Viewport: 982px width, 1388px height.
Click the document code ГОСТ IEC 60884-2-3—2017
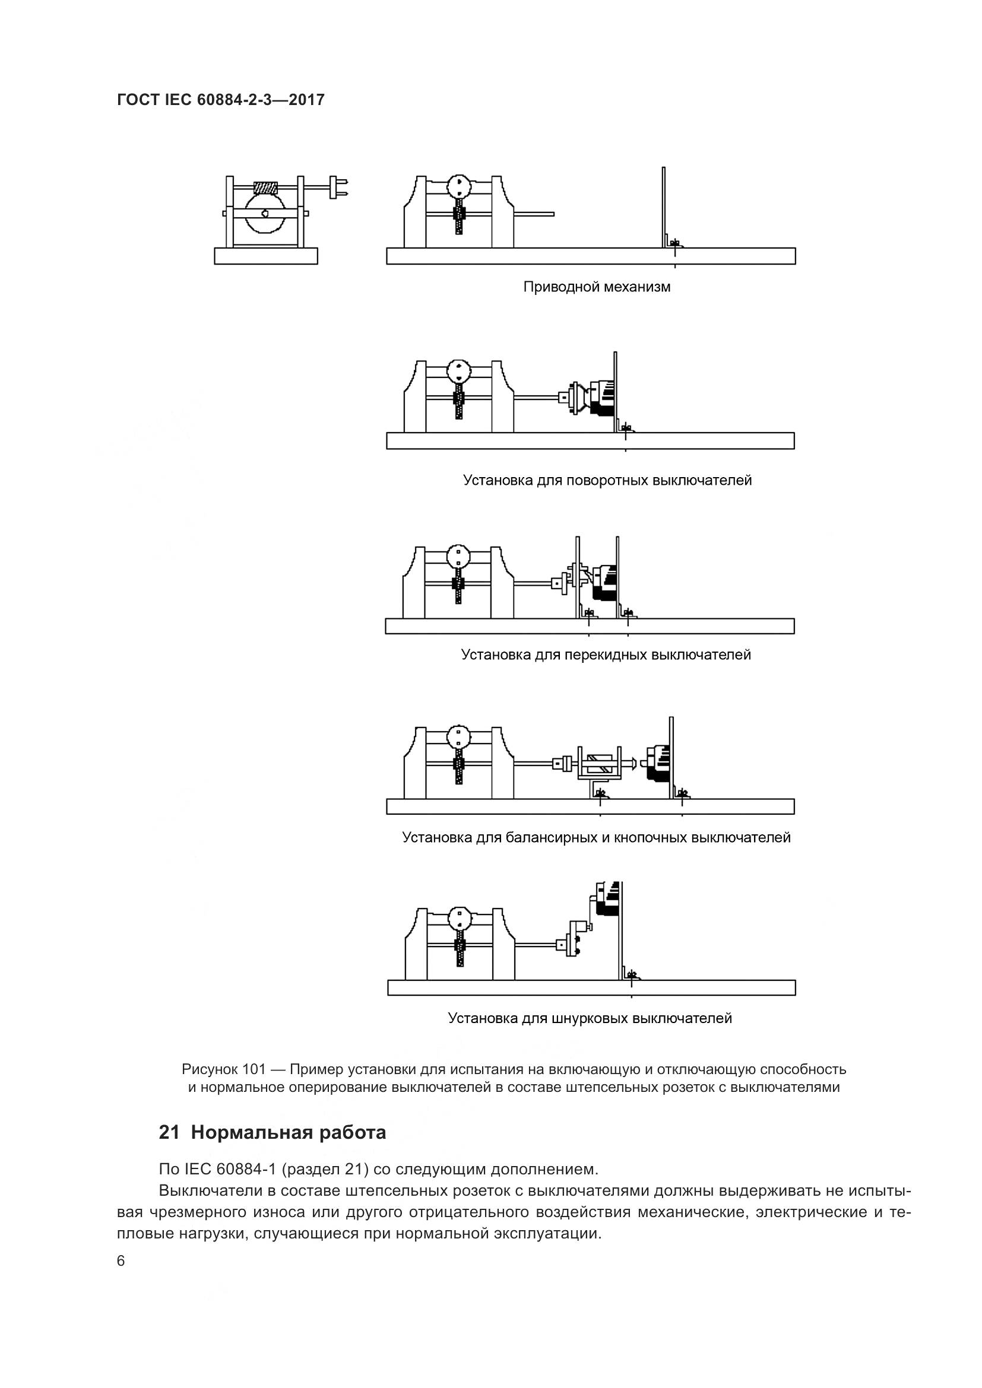tap(221, 100)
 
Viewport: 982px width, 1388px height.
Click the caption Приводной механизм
tap(597, 287)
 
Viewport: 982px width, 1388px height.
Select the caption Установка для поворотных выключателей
tap(607, 481)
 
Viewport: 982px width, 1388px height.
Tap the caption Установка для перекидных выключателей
tap(606, 655)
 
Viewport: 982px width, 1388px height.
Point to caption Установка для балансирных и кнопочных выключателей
tap(596, 837)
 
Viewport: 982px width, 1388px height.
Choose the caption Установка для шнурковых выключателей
tap(590, 1018)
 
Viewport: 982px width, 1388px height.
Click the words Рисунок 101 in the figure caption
tap(224, 1069)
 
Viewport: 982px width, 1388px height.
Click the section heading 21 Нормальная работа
tap(272, 1132)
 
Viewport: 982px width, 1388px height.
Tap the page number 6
tap(121, 1261)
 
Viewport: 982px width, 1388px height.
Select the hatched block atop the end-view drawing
tap(265, 188)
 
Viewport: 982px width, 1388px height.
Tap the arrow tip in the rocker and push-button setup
tap(632, 763)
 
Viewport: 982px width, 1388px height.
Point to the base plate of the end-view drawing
tap(266, 256)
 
